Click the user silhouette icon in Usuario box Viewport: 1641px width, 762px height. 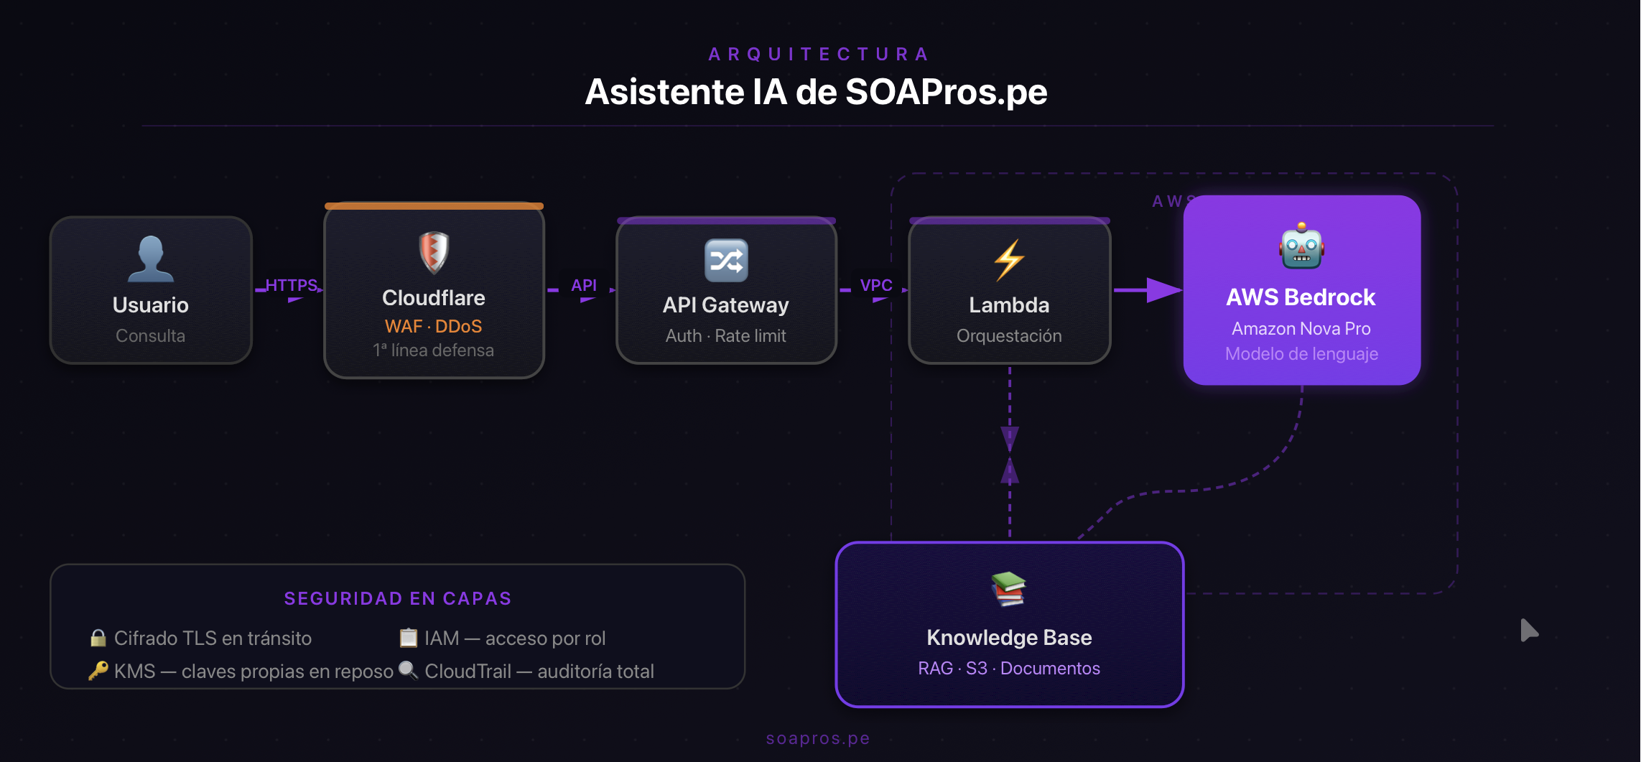pos(151,259)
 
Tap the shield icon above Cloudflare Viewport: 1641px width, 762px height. pos(434,252)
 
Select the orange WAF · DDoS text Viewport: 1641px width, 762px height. pos(433,326)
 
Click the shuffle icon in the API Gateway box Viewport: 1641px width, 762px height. pos(726,260)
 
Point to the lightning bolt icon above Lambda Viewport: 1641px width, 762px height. pos(1009,259)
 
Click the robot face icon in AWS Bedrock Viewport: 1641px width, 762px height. pos(1301,246)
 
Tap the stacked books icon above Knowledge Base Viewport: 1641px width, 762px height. pos(1009,589)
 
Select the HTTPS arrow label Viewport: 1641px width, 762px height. pos(292,285)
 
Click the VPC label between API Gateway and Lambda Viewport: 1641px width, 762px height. pos(876,285)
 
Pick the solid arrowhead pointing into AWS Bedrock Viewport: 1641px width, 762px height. pos(1163,290)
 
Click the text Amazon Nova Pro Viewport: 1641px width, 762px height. pos(1301,328)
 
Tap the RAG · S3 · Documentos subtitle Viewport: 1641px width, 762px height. pos(1009,668)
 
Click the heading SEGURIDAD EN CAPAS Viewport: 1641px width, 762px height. pos(398,598)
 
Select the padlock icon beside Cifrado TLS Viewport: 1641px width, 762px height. pos(98,638)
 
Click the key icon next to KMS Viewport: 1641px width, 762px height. pos(98,671)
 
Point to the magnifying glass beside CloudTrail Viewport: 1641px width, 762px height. pos(408,670)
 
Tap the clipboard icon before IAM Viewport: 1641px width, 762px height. pos(408,638)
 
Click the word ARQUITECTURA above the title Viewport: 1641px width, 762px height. pos(819,54)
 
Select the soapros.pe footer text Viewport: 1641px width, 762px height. pos(818,738)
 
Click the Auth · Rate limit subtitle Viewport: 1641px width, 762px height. pos(726,335)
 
